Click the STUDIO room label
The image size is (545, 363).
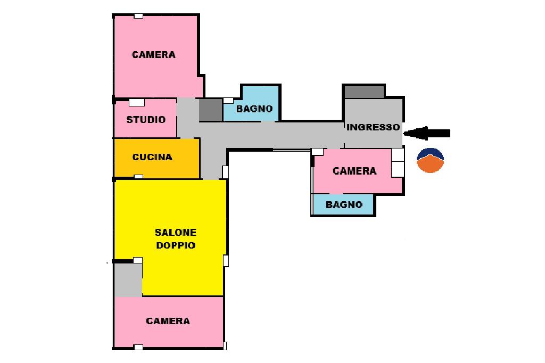(146, 120)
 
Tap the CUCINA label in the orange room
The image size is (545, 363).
(152, 157)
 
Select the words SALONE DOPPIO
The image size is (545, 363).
(176, 239)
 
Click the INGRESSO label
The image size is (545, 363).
(373, 128)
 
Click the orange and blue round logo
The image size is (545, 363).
(430, 160)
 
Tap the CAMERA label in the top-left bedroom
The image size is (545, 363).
(154, 54)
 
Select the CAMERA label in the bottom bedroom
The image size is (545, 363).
(168, 321)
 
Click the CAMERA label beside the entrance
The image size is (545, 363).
(354, 171)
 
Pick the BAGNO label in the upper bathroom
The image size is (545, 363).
(254, 109)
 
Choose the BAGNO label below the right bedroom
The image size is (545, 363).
(344, 204)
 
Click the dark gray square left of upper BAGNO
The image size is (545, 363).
(210, 110)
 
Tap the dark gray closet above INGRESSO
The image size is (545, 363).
(364, 92)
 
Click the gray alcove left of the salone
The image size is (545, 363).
(128, 280)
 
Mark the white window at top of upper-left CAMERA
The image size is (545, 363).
(138, 16)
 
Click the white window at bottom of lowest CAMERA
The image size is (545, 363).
(138, 347)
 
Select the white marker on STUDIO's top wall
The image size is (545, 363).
(137, 102)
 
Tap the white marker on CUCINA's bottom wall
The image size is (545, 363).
(138, 177)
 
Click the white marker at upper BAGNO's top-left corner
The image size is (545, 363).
(228, 100)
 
